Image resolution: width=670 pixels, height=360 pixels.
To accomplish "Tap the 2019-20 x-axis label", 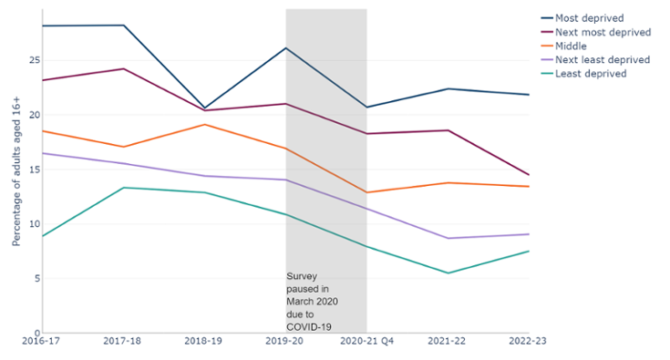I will click(x=286, y=341).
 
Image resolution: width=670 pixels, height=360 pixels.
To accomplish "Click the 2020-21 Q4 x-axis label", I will click(x=366, y=341).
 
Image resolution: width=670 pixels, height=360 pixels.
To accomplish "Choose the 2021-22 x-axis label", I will click(x=448, y=341).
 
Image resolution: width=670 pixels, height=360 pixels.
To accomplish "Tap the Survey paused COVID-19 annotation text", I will click(x=308, y=301).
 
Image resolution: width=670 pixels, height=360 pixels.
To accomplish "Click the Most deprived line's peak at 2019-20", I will click(x=286, y=47).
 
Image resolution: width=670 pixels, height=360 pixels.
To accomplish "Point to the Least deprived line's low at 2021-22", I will click(x=448, y=273).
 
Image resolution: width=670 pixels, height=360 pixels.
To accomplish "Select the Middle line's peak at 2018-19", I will click(x=205, y=124).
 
